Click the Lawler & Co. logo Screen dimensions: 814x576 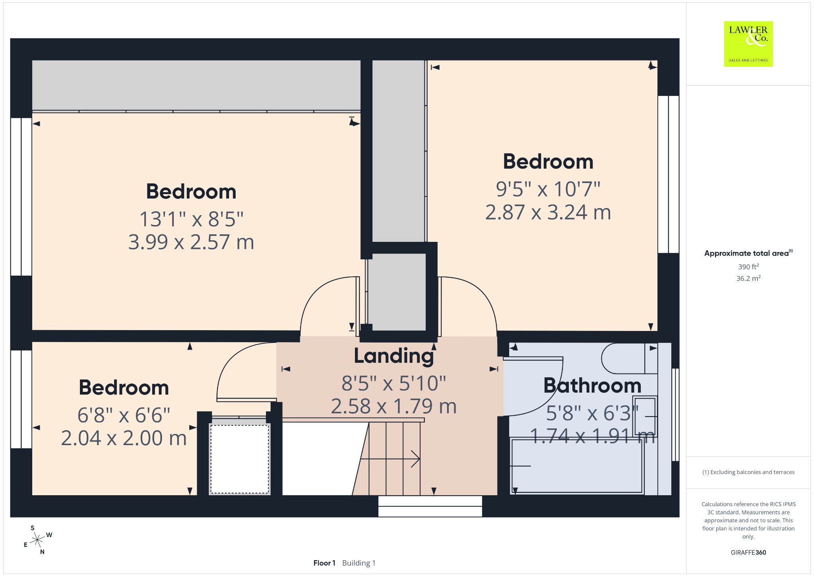point(748,44)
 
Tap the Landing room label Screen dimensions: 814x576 point(394,356)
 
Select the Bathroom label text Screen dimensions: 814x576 point(592,385)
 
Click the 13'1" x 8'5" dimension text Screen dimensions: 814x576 point(191,219)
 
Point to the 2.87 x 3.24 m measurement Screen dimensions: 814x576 point(548,212)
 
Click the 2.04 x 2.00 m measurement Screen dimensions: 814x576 point(124,438)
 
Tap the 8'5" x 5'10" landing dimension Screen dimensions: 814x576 point(394,383)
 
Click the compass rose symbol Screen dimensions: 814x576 point(38,540)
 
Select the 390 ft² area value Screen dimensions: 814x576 point(748,267)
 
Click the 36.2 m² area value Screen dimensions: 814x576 point(748,278)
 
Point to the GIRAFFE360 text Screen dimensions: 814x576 point(748,553)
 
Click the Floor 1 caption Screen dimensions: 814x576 point(324,563)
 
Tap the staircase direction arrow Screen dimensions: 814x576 point(390,459)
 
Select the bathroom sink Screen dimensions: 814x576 point(645,416)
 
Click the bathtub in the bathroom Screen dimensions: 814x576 point(577,466)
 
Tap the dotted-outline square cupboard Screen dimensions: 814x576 point(240,459)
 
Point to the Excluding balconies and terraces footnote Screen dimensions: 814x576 point(748,472)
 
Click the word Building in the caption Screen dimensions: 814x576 point(356,563)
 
